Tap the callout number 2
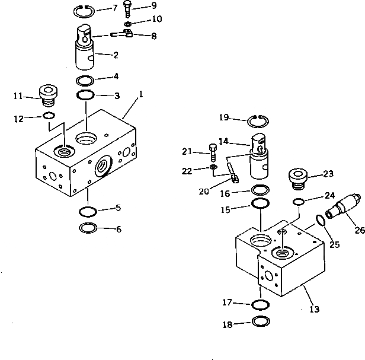(x=116, y=55)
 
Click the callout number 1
(x=142, y=94)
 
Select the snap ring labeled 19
(x=257, y=120)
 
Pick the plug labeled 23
(x=297, y=177)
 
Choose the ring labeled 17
(x=260, y=304)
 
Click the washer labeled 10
(x=128, y=24)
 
